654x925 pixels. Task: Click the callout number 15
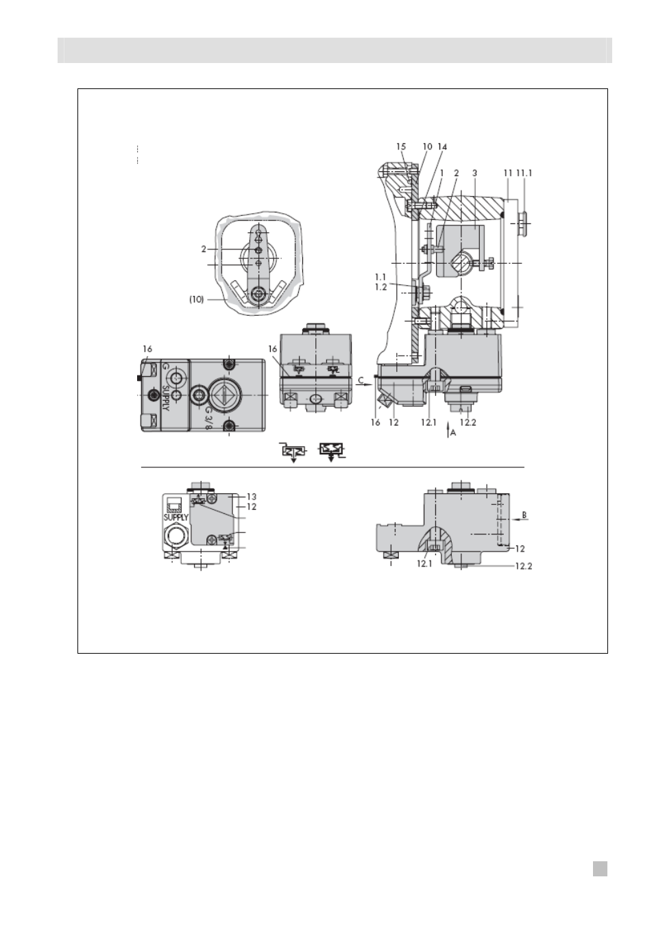point(401,147)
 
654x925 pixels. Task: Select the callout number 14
point(442,147)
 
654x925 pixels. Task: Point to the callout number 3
point(474,173)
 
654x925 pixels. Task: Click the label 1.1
point(380,277)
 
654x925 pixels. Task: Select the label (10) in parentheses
point(197,299)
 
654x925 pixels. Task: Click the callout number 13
point(251,497)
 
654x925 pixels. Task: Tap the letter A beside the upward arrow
point(453,433)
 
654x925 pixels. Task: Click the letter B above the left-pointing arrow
point(524,515)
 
